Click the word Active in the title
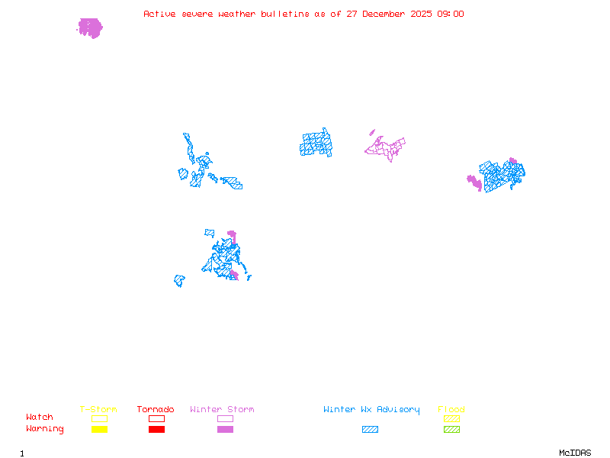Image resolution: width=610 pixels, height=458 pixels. (159, 14)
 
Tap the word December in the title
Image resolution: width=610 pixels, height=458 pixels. (386, 14)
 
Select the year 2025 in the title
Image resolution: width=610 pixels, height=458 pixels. (421, 14)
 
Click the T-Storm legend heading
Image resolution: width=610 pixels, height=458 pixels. (98, 410)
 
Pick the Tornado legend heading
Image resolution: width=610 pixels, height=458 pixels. (156, 410)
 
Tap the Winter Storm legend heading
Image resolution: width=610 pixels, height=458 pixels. (222, 410)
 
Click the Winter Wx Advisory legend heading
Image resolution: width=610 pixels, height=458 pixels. (371, 410)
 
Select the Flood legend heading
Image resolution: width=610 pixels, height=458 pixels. (451, 410)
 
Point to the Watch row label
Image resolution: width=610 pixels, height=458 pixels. (40, 418)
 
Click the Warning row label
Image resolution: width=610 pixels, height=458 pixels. (45, 429)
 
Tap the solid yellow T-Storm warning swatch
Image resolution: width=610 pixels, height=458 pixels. (99, 429)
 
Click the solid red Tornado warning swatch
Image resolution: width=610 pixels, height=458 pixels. (156, 429)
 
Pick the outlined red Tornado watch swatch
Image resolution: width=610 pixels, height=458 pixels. (156, 418)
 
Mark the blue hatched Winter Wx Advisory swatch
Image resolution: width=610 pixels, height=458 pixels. (370, 429)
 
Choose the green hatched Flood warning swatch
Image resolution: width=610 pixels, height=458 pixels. (451, 429)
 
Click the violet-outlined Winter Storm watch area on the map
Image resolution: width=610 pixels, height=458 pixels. (386, 145)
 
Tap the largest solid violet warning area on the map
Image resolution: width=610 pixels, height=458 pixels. (90, 28)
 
